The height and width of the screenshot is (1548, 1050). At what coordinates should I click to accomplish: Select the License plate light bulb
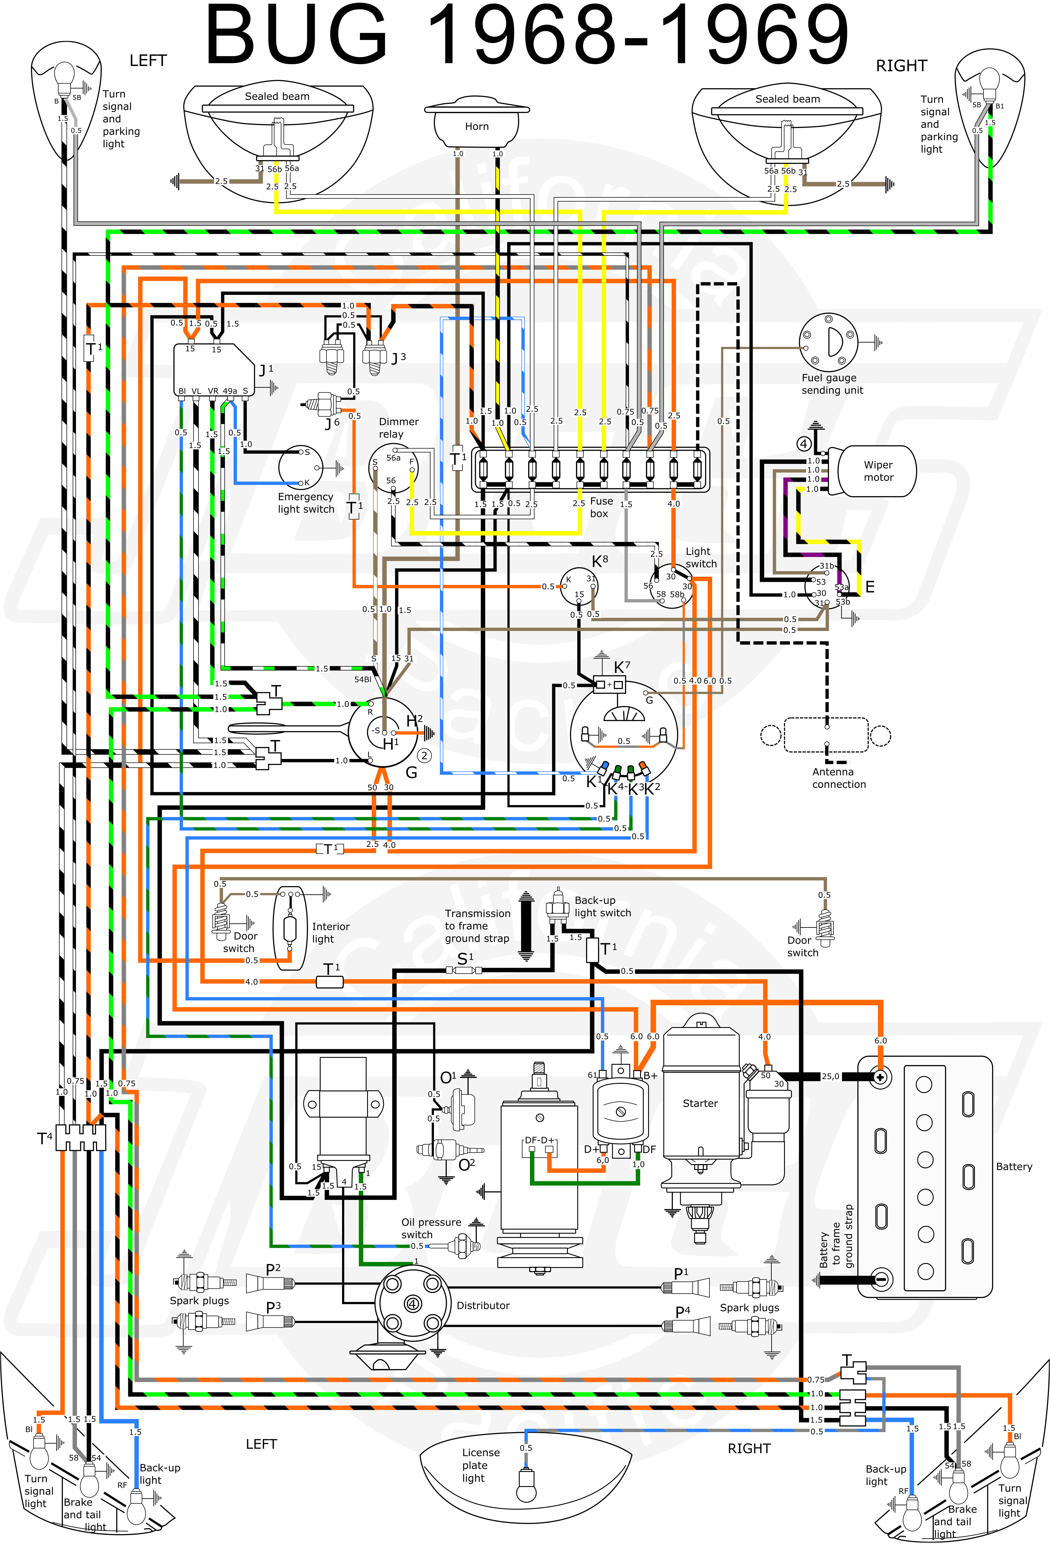click(x=526, y=1484)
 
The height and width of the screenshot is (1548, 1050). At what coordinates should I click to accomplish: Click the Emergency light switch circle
click(x=301, y=468)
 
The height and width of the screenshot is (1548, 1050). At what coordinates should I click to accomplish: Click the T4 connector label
click(x=44, y=1138)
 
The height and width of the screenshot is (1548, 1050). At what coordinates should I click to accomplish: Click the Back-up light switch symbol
click(x=557, y=906)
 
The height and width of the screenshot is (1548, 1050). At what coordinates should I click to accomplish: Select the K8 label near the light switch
click(x=600, y=561)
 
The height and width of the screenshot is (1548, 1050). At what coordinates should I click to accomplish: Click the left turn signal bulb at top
click(x=65, y=79)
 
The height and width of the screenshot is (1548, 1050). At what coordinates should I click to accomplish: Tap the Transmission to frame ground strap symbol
click(x=526, y=926)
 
